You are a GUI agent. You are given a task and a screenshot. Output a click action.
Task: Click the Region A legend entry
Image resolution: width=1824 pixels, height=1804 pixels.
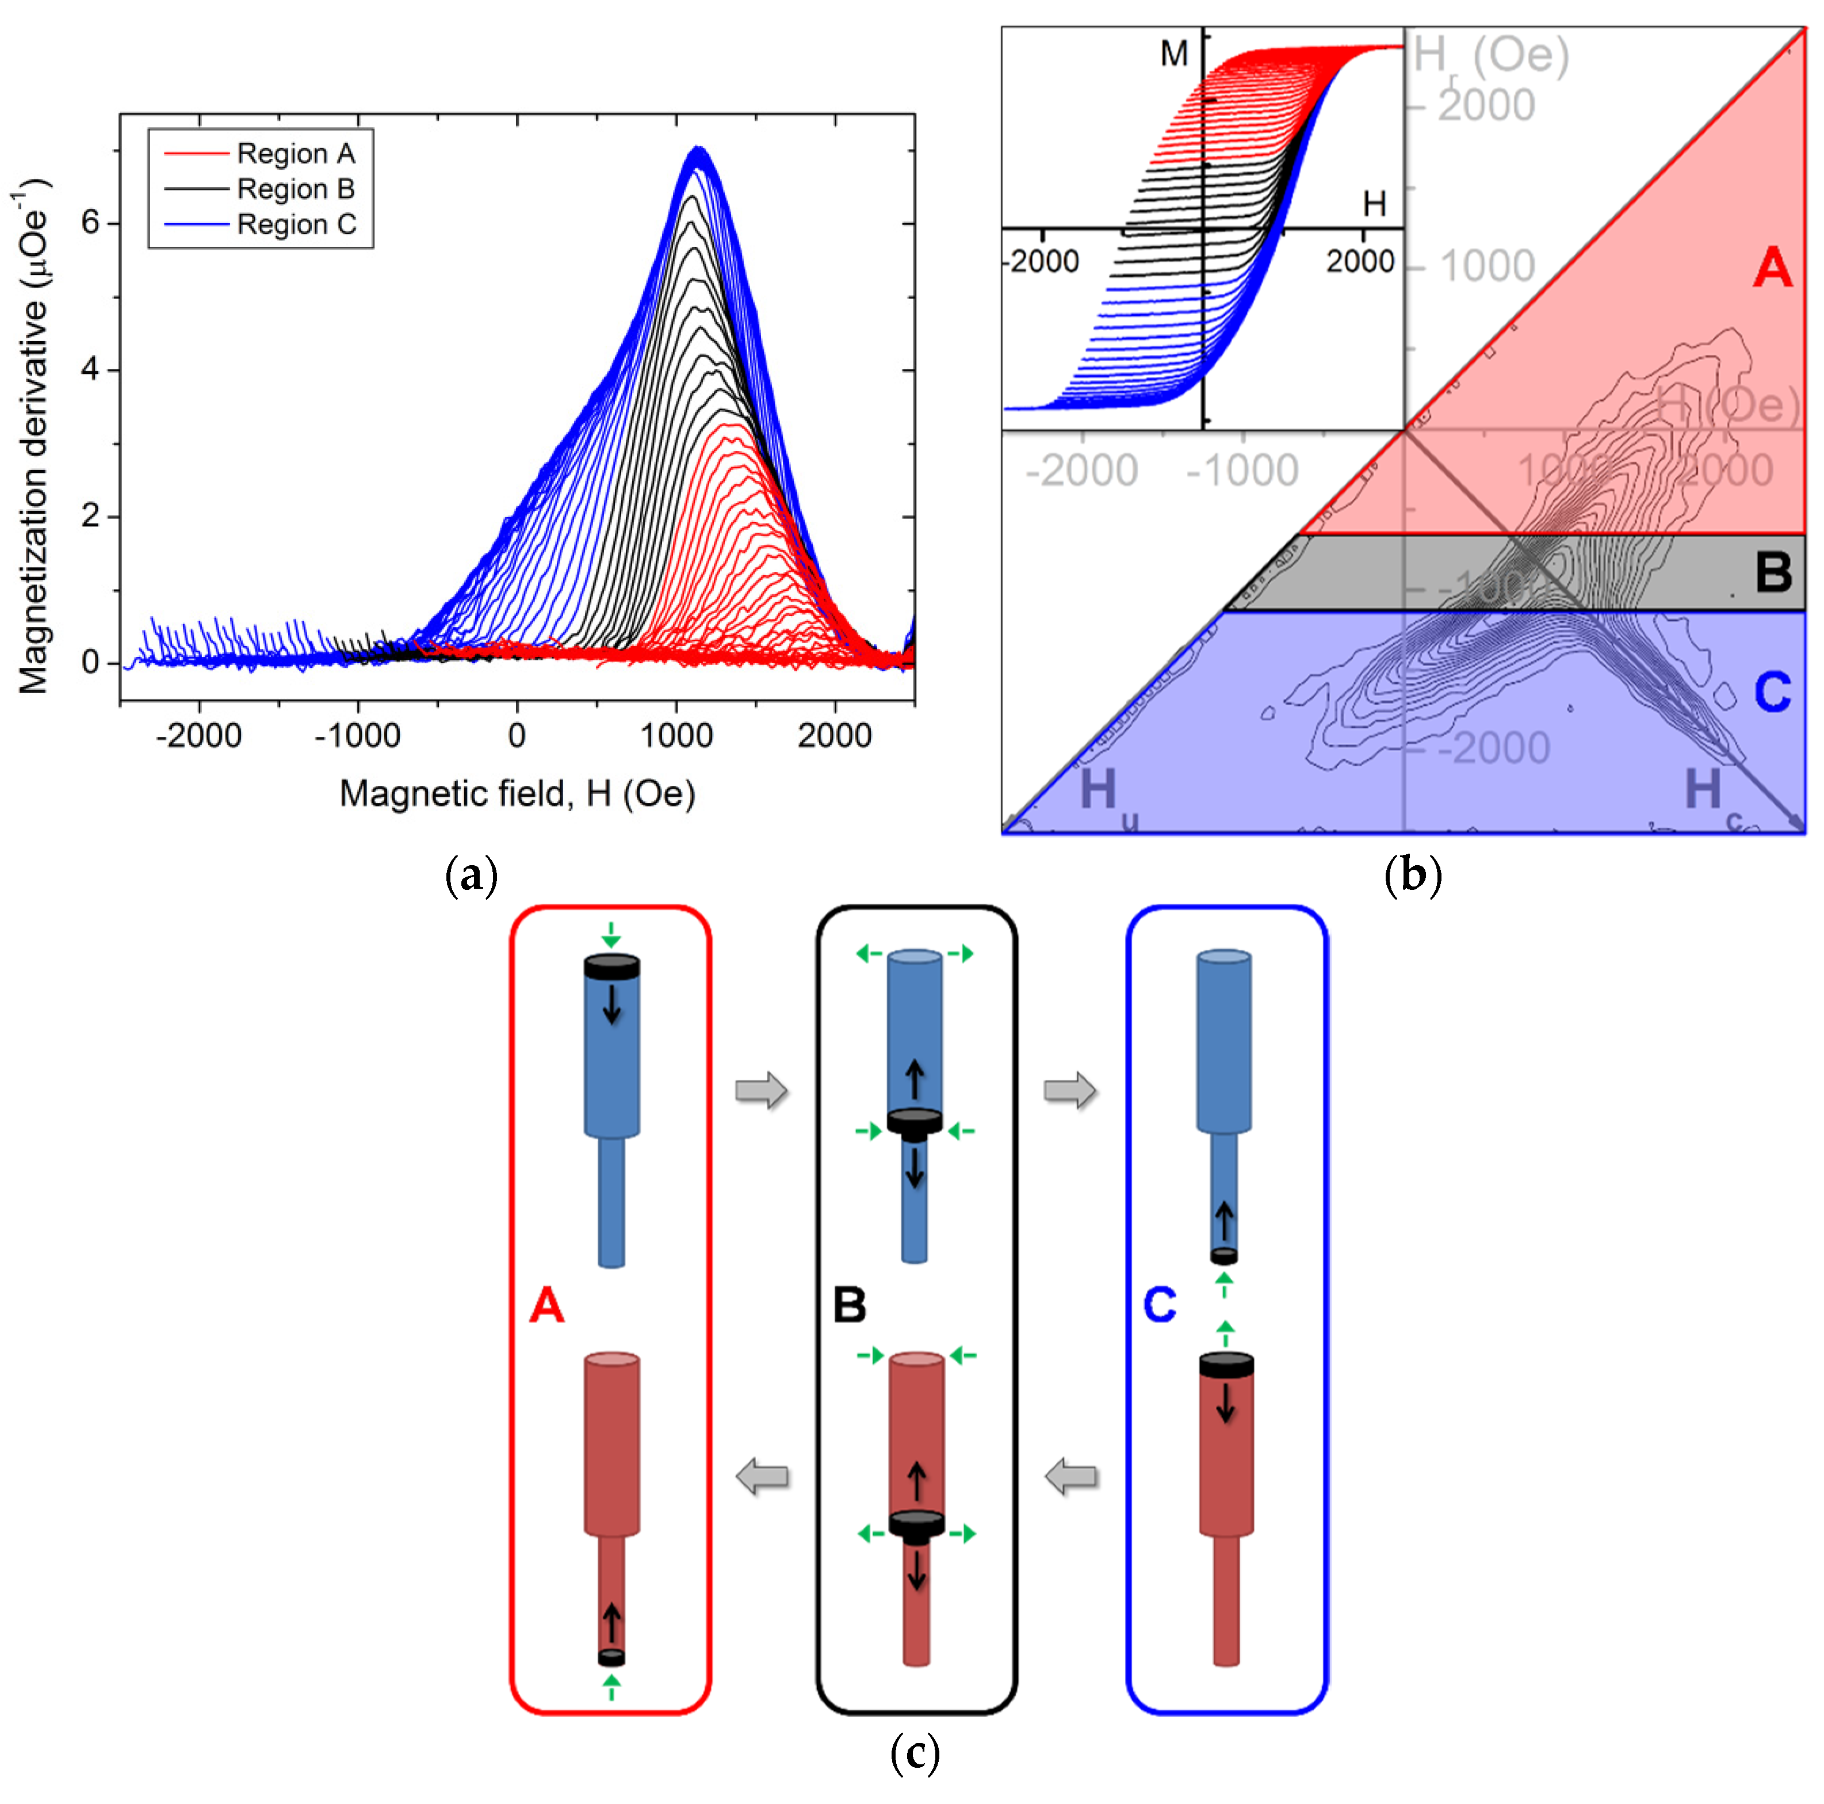pos(295,153)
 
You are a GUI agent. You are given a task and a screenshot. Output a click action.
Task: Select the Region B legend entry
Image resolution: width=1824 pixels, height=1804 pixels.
pos(295,189)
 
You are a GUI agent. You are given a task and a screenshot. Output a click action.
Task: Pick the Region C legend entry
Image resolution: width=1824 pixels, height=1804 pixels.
pos(296,225)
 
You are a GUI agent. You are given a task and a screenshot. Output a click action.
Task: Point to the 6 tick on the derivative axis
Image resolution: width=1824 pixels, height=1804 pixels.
pos(91,223)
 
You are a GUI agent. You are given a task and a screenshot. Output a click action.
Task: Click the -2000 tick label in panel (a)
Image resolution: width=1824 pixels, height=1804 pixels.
pos(198,735)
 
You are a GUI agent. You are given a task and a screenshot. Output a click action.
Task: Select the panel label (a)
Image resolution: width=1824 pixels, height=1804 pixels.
pos(471,874)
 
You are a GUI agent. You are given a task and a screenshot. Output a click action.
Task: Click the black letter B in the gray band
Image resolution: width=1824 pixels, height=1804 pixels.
pos(1773,572)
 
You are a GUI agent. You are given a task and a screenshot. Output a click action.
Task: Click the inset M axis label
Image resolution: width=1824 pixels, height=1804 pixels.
pos(1173,55)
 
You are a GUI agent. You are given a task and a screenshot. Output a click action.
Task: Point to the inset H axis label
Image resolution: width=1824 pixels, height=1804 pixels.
pos(1374,203)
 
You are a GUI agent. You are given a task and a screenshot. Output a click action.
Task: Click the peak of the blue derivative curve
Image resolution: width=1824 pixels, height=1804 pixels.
pos(697,149)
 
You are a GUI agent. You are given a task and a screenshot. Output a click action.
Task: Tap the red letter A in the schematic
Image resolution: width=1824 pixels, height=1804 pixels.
pos(546,1306)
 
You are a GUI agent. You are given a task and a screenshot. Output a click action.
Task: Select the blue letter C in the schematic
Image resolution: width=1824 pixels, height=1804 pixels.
pos(1160,1306)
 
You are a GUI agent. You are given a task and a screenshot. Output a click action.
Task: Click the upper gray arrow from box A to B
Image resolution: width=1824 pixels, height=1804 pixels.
pos(761,1090)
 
